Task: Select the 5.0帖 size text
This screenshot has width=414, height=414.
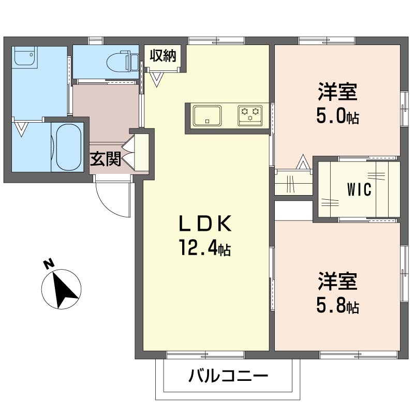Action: (337, 116)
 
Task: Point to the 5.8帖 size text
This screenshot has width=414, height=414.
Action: (337, 306)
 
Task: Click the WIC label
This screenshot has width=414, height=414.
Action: (359, 190)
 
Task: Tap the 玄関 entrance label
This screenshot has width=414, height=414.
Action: (106, 159)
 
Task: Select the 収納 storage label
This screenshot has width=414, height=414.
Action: (163, 55)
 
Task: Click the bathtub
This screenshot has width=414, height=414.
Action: (69, 146)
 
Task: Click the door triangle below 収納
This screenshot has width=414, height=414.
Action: (157, 79)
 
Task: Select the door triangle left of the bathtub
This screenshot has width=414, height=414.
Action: (21, 128)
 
